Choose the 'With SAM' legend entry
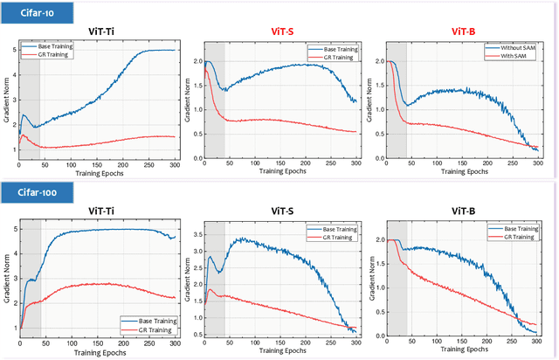[x=508, y=56]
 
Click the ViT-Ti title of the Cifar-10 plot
[x=99, y=29]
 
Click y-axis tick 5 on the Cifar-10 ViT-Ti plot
[x=12, y=50]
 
